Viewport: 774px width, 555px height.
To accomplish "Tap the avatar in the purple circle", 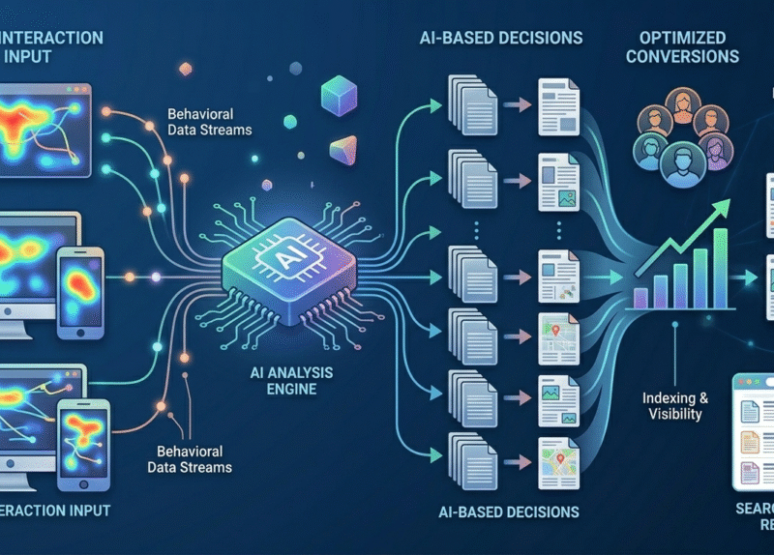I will point(718,151).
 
